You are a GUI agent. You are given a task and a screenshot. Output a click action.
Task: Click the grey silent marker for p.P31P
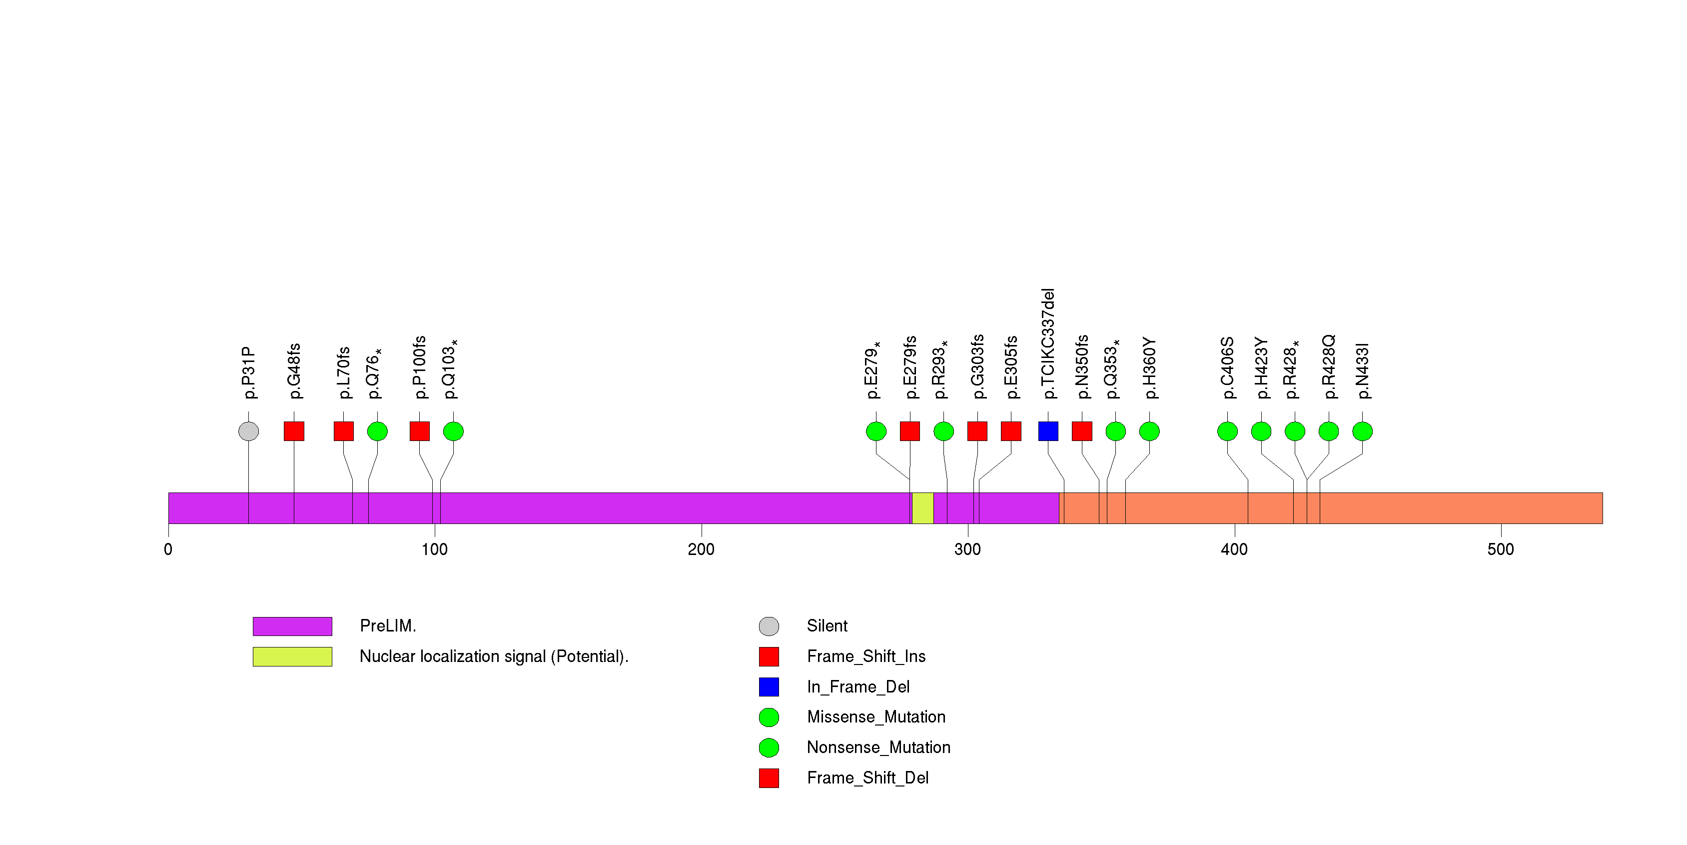click(248, 431)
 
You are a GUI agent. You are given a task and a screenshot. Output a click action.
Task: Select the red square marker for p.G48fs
click(293, 431)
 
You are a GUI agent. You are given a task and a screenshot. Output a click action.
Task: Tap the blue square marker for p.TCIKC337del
click(1048, 431)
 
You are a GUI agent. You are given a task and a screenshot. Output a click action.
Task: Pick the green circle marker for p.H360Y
click(1149, 431)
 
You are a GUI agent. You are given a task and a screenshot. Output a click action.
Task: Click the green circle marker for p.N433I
click(1362, 431)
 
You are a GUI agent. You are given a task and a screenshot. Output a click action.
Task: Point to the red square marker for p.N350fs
click(1082, 431)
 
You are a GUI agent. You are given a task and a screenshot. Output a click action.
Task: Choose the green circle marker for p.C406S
click(1227, 431)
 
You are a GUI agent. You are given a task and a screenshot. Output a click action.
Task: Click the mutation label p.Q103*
click(449, 369)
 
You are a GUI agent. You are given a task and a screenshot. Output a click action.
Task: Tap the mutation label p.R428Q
click(1328, 367)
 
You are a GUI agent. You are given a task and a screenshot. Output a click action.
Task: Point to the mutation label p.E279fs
click(909, 367)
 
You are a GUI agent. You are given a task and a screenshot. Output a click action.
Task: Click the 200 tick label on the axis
click(701, 549)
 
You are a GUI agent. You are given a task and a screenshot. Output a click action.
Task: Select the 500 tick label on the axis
click(1500, 549)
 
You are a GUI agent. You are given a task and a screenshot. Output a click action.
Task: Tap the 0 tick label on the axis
click(168, 549)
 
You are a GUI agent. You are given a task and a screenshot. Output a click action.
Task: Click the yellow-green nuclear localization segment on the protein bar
click(923, 508)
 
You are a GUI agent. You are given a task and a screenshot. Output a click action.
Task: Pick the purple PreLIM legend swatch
click(292, 626)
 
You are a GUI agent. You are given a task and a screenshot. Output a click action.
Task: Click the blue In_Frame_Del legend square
click(769, 686)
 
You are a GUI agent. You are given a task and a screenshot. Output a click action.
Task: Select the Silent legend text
click(827, 626)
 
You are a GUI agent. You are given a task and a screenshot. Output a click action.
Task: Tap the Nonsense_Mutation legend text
click(878, 747)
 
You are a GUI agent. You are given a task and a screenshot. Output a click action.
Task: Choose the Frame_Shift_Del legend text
click(867, 777)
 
